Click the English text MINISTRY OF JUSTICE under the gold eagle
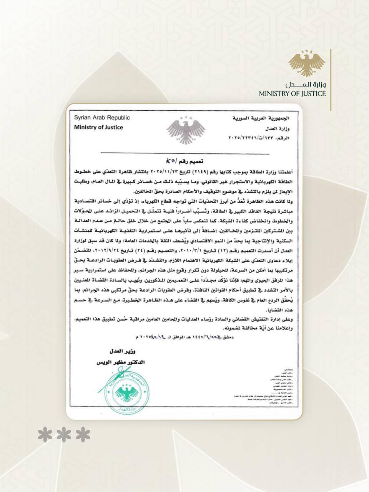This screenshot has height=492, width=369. [292, 94]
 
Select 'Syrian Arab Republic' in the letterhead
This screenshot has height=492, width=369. [101, 118]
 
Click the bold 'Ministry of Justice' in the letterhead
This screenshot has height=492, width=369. [98, 127]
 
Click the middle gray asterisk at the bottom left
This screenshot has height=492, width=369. [64, 435]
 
